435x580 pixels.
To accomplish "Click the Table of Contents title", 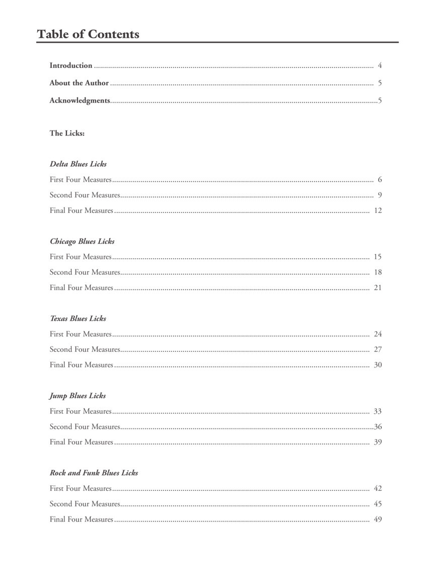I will (88, 34).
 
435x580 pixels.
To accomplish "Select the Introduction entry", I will (71, 65).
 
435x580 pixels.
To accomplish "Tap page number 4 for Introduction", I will (380, 65).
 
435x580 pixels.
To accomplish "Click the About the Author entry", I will (79, 83).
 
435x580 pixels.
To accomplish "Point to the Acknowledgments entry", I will (80, 101).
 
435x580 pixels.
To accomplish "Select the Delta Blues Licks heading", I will (78, 164).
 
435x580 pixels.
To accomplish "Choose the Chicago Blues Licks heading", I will (82, 242).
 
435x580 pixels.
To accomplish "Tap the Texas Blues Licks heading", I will (78, 319).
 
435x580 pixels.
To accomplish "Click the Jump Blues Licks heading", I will (78, 396).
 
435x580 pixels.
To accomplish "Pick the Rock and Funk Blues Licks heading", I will (94, 473).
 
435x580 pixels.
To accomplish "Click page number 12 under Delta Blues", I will (378, 210).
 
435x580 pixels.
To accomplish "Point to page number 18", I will (378, 272).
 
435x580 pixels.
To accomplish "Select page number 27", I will (378, 349).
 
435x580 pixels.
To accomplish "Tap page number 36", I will (378, 427).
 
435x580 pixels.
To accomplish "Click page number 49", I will (378, 520).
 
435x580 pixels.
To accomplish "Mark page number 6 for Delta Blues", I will (380, 180).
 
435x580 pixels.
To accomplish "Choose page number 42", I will (378, 488).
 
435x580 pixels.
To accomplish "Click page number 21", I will (378, 288).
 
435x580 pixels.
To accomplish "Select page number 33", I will (378, 411).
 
